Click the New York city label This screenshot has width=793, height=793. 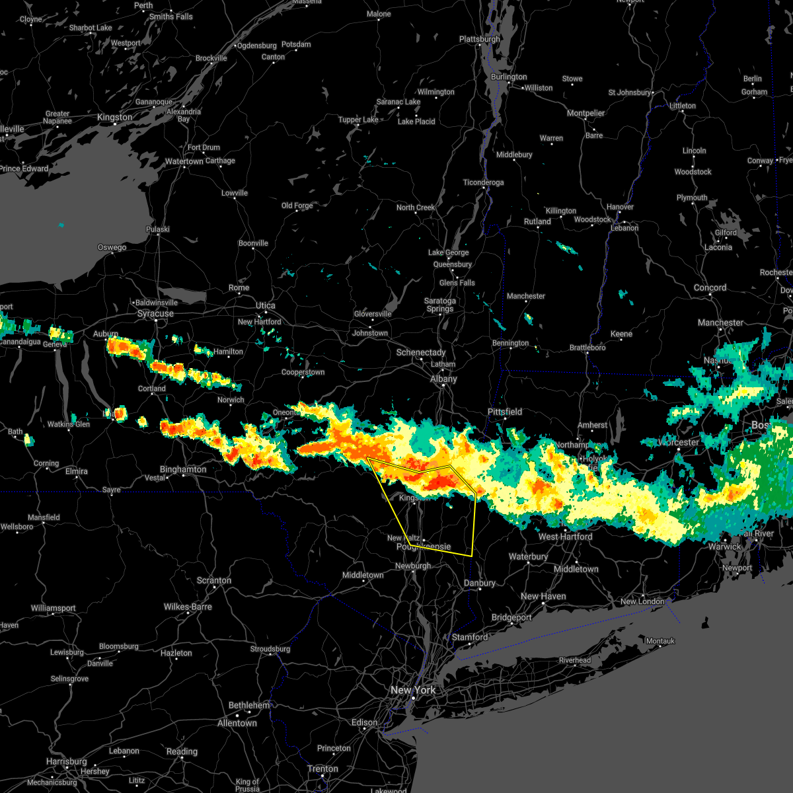click(413, 690)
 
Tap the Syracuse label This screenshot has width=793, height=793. click(155, 313)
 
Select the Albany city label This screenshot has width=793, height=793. click(443, 379)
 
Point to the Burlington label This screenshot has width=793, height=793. click(509, 77)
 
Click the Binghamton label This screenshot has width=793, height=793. click(183, 469)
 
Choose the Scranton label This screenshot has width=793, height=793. click(214, 580)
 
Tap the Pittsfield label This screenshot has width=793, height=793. click(505, 412)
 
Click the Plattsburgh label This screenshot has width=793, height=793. click(480, 39)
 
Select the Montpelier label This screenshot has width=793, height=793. click(586, 113)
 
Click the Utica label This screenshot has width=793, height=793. click(266, 305)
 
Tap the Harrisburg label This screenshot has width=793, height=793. click(67, 761)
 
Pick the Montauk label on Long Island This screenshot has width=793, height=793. click(660, 641)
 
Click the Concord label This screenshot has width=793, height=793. click(710, 287)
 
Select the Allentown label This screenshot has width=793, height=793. click(237, 723)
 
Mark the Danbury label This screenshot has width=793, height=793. click(480, 583)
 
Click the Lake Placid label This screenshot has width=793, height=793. click(416, 122)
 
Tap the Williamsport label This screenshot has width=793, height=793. click(54, 608)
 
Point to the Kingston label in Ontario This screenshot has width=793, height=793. click(114, 117)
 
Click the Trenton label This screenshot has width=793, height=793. click(323, 769)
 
